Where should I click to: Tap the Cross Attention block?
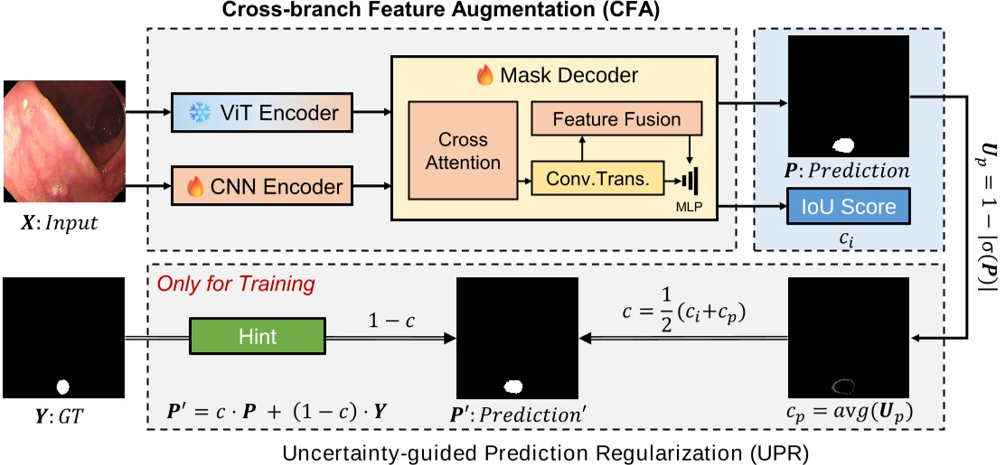tap(463, 151)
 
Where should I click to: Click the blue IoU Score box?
tap(849, 206)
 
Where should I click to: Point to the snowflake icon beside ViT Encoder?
tap(197, 113)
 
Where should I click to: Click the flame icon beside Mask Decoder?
tap(485, 76)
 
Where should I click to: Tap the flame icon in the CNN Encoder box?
tap(195, 187)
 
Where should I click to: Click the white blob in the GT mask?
tap(63, 387)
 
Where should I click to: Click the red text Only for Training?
tap(236, 284)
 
